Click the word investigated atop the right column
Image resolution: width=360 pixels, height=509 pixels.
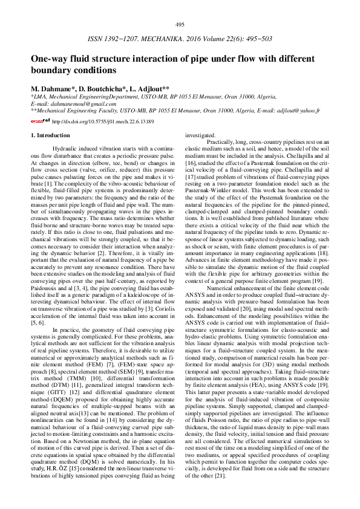(199, 135)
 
